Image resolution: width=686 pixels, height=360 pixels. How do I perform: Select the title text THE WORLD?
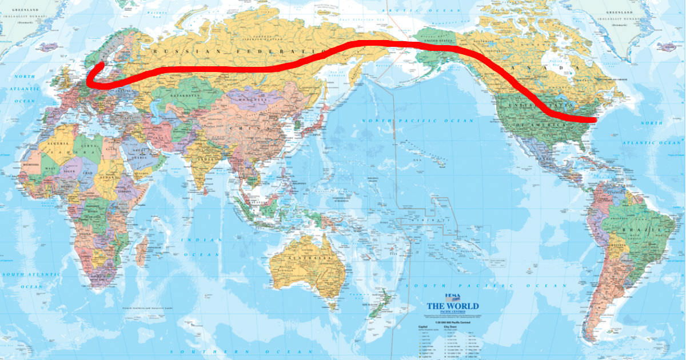tap(453, 306)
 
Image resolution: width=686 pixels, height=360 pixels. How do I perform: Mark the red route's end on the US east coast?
tap(595, 120)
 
